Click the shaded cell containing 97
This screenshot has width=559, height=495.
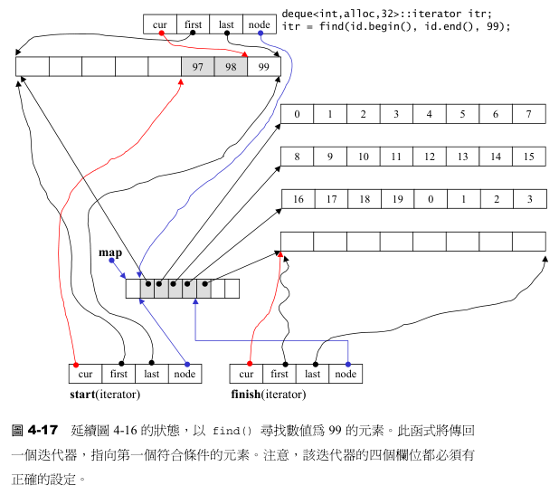point(197,67)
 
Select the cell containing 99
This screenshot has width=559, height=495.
point(263,67)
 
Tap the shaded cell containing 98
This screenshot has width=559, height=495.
point(230,67)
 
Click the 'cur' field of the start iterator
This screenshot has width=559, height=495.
point(86,373)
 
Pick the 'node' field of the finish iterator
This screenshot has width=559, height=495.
point(346,373)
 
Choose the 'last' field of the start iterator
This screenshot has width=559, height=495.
point(151,373)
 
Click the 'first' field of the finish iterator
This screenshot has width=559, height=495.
point(279,373)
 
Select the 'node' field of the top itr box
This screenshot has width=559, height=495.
point(260,24)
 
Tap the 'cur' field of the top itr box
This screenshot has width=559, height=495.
point(160,24)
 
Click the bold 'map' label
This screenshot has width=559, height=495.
point(110,253)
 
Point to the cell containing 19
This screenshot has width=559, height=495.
point(396,199)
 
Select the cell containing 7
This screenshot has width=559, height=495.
point(528,114)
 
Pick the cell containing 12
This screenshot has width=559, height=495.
point(429,157)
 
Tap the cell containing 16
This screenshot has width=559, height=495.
point(298,199)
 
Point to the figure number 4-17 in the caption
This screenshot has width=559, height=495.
point(43,428)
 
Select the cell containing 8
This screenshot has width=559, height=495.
point(298,157)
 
